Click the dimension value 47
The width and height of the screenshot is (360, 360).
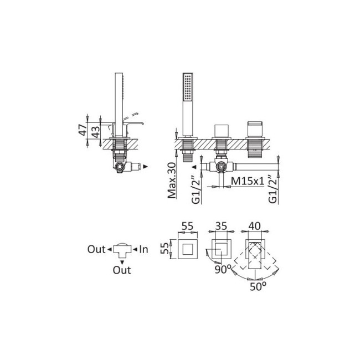tap(83, 130)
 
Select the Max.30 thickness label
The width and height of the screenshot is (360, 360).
tap(172, 181)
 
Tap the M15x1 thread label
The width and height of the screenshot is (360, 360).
tap(248, 181)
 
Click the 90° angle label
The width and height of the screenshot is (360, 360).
tap(222, 269)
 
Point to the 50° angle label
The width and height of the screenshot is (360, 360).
tap(258, 286)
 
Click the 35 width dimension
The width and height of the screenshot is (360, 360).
tap(221, 226)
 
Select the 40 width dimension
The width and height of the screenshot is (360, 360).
tap(255, 226)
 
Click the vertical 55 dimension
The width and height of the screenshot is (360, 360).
tap(164, 249)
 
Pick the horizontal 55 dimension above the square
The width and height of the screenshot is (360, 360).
tap(188, 226)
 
